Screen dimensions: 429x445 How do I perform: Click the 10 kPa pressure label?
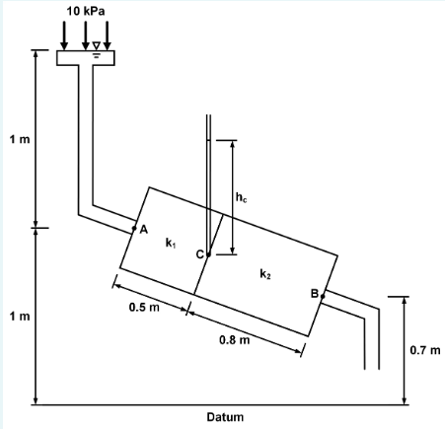[x=85, y=10]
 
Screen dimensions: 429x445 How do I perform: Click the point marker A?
[x=134, y=229]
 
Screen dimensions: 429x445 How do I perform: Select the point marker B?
[x=323, y=295]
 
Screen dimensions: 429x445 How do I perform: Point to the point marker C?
[x=208, y=253]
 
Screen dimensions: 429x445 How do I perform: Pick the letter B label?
[x=314, y=293]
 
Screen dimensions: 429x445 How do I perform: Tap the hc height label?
[x=242, y=200]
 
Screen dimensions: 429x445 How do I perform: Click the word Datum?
[x=224, y=417]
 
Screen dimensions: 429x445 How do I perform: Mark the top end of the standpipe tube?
[x=208, y=117]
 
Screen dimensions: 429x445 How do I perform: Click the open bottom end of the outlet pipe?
[x=372, y=367]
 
